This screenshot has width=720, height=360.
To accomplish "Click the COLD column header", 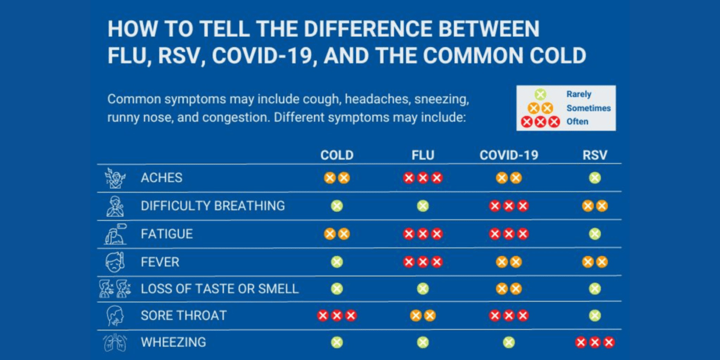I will (x=337, y=155).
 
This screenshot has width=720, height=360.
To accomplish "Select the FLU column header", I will (x=422, y=155).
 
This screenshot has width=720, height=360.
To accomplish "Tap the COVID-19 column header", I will (x=509, y=155).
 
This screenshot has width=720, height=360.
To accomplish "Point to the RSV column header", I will (x=595, y=155).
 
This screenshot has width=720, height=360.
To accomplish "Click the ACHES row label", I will (x=161, y=178).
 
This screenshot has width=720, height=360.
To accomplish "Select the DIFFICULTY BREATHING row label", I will (x=212, y=206).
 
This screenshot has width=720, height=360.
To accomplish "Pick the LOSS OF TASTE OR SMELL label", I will (x=220, y=289).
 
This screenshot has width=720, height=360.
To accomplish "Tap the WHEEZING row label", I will (x=173, y=343).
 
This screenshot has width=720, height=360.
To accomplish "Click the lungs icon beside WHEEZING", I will (x=115, y=343).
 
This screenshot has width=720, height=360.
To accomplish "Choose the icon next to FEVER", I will (x=115, y=262).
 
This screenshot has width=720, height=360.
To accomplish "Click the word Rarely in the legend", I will (x=578, y=94).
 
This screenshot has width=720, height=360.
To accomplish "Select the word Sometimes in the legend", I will (x=588, y=108).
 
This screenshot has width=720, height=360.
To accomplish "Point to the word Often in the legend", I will (x=577, y=122).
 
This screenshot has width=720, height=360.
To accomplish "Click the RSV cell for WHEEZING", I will (x=595, y=343).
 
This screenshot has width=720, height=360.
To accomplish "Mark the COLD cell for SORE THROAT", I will (x=337, y=316).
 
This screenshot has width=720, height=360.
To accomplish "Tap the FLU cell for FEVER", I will (x=422, y=262).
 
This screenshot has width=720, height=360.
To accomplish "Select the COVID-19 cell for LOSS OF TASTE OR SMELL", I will (x=509, y=289).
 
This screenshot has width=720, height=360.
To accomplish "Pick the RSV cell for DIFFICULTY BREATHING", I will (x=595, y=206).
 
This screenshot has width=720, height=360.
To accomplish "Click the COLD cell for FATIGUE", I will (x=337, y=234).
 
